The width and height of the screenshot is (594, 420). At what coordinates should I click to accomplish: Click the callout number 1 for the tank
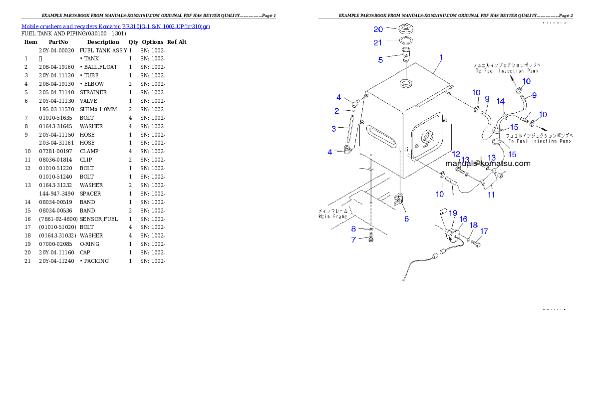pos(441,58)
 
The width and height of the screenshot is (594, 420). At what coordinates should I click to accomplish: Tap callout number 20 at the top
pos(378,29)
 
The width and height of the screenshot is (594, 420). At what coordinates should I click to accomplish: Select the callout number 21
pos(378,43)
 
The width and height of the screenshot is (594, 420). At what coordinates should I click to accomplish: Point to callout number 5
pos(380,60)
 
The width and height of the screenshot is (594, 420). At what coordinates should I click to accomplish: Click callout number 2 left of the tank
pos(337,111)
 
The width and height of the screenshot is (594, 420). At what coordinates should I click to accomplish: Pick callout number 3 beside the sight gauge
pos(334,129)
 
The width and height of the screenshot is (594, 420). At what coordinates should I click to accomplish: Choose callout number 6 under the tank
pos(406,218)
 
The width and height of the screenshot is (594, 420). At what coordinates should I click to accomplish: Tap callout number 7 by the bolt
pos(353,239)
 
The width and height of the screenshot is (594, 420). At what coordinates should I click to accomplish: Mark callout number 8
pos(353,228)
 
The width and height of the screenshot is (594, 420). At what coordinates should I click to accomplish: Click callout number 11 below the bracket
pos(491,195)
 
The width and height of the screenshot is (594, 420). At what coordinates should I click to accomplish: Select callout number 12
pos(456,154)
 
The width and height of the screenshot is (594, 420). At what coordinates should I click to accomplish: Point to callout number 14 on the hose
pos(501,101)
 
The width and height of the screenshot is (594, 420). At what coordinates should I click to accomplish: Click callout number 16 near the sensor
pos(463,219)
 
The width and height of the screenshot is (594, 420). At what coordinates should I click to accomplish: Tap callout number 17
pos(484,231)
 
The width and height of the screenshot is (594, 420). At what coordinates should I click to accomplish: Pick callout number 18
pos(474,225)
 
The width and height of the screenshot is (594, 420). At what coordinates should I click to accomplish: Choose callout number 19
pos(452,213)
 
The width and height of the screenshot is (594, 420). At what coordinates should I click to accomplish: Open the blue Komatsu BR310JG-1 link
pos(115,26)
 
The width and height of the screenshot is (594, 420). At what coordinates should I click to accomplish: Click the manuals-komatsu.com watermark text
pos(488,163)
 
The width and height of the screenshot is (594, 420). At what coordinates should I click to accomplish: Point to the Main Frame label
pos(332,213)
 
